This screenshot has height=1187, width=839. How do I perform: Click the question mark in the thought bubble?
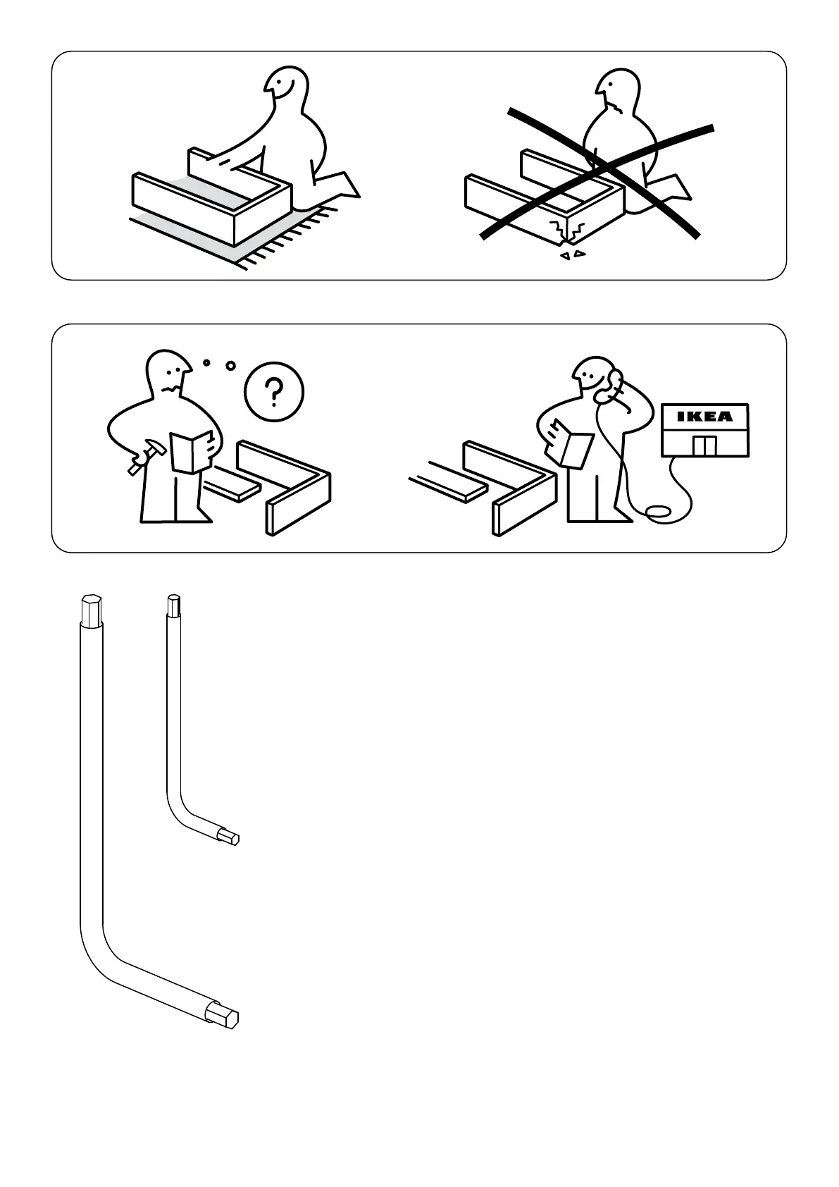pos(274,390)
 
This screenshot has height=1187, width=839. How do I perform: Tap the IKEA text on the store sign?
pos(704,417)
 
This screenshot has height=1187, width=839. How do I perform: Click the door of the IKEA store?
pos(704,446)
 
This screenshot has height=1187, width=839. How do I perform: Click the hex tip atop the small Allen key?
pos(173,604)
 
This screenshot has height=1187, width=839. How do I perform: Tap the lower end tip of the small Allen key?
pos(232,837)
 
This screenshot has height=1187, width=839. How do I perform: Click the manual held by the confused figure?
pos(192,452)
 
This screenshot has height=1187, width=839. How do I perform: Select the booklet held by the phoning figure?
pos(572,444)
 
